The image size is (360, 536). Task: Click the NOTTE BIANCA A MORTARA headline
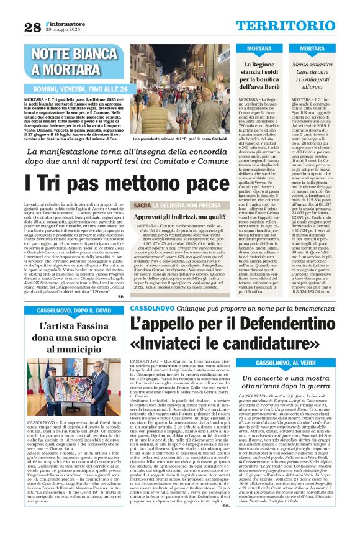(x=75, y=61)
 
